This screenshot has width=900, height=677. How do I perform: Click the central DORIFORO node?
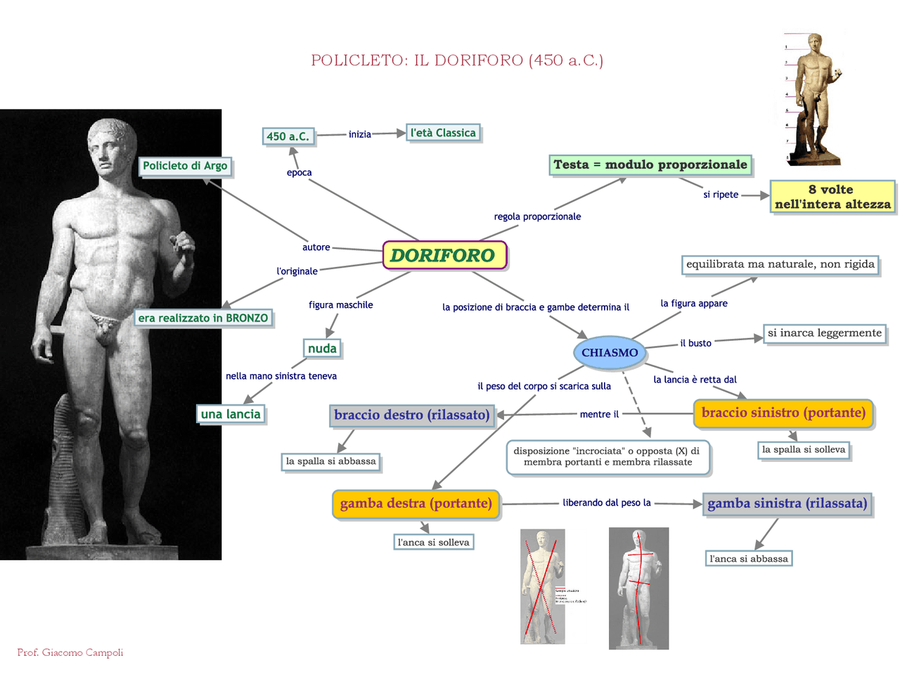click(444, 255)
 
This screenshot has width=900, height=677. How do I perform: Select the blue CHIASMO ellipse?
click(610, 353)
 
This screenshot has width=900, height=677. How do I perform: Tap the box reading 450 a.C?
click(288, 136)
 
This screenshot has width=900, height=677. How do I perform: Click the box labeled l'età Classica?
click(443, 133)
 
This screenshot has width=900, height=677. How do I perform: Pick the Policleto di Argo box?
click(185, 166)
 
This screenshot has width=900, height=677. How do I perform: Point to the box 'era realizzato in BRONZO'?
click(203, 318)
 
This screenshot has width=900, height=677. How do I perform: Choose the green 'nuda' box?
click(322, 349)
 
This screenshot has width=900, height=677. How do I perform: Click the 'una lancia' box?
click(231, 414)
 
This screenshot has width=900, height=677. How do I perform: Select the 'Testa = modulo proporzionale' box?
click(650, 165)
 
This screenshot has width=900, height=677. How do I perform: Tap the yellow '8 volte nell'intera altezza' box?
click(832, 197)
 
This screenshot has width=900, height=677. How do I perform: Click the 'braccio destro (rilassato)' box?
click(411, 415)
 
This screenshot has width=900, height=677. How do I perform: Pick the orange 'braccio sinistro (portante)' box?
click(783, 413)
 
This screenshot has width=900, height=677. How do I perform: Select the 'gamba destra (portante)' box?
click(416, 503)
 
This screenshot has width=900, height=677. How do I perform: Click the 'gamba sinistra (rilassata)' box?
click(787, 503)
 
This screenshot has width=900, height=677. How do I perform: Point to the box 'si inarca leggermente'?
click(824, 333)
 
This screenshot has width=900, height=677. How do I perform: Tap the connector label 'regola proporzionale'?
click(537, 217)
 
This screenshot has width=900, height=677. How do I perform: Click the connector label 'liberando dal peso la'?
click(607, 503)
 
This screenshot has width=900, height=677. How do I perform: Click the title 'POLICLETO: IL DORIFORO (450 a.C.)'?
click(457, 60)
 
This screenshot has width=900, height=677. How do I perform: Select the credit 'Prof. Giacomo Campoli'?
click(70, 652)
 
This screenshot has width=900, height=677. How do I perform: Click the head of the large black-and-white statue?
click(111, 144)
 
